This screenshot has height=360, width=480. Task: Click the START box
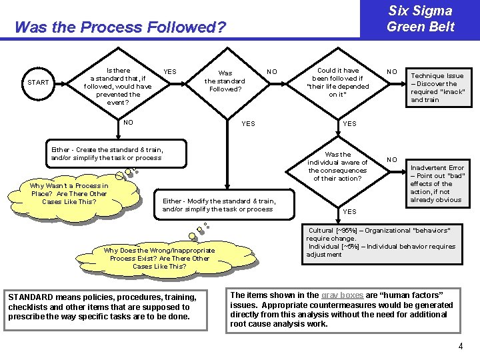38,83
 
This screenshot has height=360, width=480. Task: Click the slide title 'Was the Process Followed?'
120,28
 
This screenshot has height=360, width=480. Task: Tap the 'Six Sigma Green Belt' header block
420,19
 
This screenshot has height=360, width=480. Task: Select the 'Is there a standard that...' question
118,87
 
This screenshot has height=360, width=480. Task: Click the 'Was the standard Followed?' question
225,81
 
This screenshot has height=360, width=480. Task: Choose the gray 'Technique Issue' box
437,87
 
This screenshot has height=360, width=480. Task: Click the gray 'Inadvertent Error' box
437,184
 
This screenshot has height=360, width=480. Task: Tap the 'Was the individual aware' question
337,167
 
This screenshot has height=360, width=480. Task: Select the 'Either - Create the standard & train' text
107,153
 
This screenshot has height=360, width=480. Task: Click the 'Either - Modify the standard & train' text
219,205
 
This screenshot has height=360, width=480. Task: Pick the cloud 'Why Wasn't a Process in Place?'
69,193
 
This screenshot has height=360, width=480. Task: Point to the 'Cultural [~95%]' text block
381,242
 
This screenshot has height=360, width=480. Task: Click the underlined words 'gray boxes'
343,295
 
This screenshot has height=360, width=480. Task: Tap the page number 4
460,347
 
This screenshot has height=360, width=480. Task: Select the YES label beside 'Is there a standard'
170,72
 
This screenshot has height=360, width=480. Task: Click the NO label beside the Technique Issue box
393,71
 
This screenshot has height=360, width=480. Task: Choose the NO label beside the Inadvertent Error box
393,160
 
